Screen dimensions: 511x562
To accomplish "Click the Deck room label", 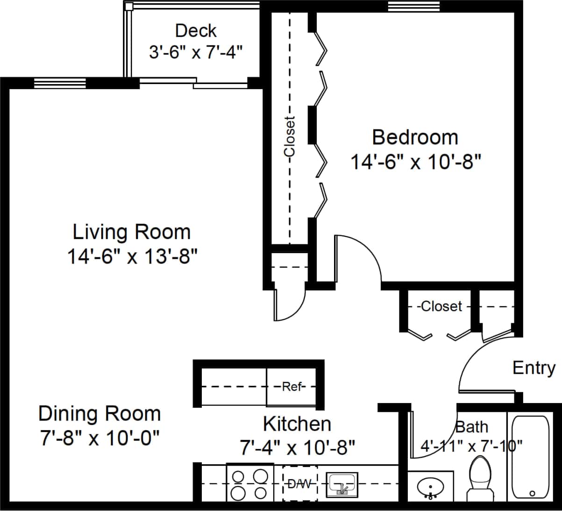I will coord(196,31).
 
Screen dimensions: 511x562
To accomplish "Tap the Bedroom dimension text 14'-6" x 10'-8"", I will coord(415,162).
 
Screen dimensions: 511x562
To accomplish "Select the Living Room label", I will coord(132,232).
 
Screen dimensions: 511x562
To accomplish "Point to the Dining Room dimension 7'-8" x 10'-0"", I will coord(99,439).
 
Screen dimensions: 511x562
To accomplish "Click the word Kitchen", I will coord(297,424).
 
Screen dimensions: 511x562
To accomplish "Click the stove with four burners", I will coord(249,484).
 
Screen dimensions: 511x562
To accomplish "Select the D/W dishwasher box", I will coord(300,483).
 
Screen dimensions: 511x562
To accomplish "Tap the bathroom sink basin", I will coord(430,487).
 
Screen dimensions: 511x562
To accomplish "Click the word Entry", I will coord(534,368).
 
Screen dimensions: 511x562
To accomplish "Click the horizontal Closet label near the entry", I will coord(441,306).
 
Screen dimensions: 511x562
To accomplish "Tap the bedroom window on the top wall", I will coord(414,6).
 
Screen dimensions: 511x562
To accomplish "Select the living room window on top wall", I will coord(60,83).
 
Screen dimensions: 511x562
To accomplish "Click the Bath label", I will coord(471,427).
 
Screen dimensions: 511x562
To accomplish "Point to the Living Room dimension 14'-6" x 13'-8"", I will coord(132,256).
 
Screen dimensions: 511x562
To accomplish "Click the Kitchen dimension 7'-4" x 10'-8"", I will coord(298,448).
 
